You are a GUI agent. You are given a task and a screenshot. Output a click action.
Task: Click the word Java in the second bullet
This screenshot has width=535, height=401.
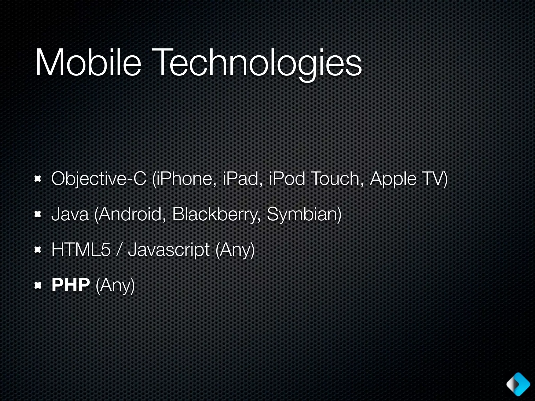(x=70, y=214)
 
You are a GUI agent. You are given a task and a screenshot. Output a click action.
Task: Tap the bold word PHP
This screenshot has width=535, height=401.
(x=71, y=285)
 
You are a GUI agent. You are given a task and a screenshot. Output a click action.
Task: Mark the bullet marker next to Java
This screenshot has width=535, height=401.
(x=38, y=214)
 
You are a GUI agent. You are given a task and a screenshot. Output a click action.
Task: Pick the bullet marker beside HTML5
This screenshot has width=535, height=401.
(x=38, y=250)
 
